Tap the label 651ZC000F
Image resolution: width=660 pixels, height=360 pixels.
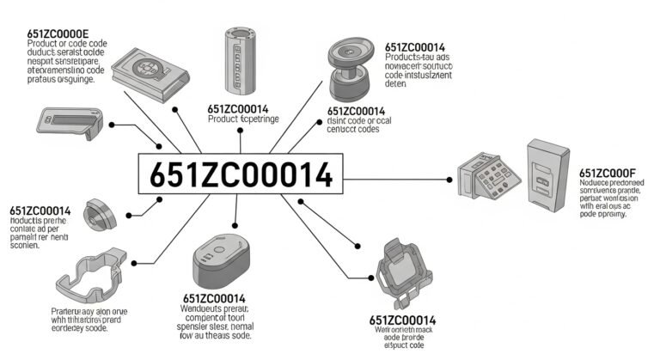[x=608, y=173]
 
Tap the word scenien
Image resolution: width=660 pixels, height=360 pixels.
[x=26, y=245]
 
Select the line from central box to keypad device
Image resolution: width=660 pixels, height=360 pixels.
[x=395, y=179]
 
